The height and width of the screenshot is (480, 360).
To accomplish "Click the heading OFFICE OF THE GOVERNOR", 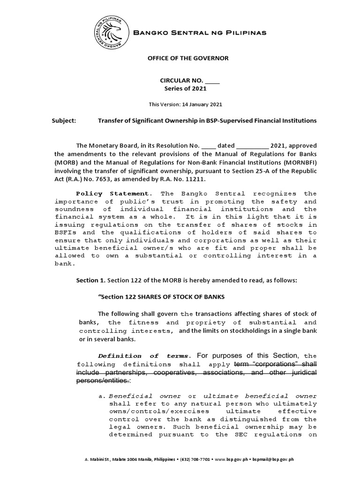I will click(x=182, y=58).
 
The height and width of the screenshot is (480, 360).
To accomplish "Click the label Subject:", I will click(x=64, y=120).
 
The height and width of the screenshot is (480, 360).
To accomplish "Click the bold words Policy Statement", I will click(x=112, y=194).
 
